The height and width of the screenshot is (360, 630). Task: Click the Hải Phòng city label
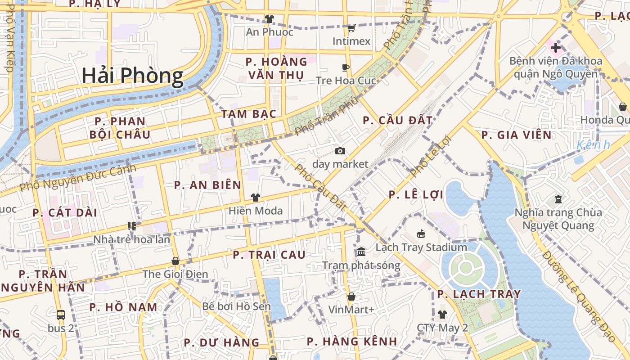tap(133, 76)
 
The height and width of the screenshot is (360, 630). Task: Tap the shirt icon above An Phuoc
tap(269, 19)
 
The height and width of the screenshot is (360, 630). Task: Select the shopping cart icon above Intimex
tap(351, 28)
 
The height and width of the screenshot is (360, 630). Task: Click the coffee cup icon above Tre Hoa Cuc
tap(346, 68)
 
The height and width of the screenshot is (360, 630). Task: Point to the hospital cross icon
tap(556, 47)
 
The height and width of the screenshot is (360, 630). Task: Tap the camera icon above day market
tap(340, 151)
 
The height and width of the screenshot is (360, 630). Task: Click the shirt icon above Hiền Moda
tap(256, 198)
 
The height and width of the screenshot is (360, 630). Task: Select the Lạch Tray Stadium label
tap(421, 247)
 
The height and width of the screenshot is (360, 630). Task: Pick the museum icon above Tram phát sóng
tap(361, 252)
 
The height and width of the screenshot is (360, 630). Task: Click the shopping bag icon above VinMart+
tap(351, 297)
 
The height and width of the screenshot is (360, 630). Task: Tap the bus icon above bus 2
tap(61, 315)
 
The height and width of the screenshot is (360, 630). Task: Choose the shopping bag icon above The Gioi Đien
tap(175, 261)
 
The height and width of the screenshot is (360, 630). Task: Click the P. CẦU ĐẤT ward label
tap(397, 121)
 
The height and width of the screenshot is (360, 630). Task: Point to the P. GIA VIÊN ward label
tap(516, 135)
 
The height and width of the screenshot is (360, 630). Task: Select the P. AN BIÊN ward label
tap(208, 185)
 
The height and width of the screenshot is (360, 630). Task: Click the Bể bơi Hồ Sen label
tap(236, 307)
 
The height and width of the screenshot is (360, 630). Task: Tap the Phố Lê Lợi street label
tap(430, 156)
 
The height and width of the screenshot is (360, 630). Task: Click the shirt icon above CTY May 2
tap(442, 315)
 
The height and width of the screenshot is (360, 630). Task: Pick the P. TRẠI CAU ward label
tap(269, 255)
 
